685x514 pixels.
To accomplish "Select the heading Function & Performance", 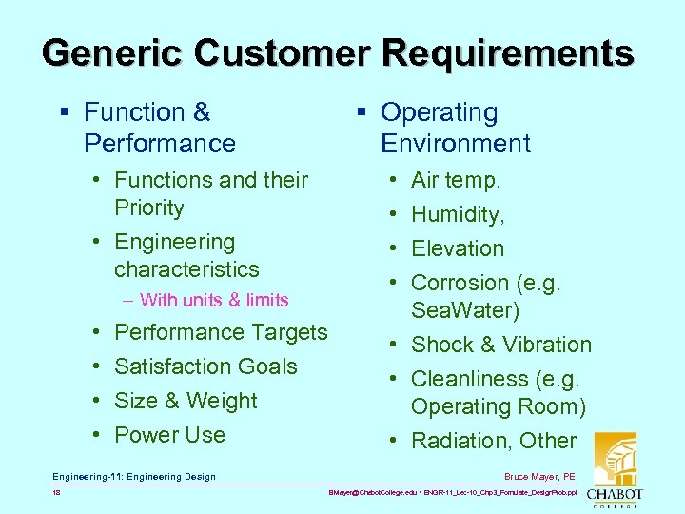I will tap(159, 128).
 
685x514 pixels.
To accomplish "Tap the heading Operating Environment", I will tap(455, 128).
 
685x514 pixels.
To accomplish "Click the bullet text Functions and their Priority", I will tap(210, 193).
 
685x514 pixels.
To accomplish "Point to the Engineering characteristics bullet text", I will tap(186, 255).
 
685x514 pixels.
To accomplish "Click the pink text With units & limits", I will tap(213, 300).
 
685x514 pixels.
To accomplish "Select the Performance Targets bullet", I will tap(220, 332).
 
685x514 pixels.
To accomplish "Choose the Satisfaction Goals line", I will tap(205, 366).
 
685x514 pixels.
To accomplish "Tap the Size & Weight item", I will tap(186, 401).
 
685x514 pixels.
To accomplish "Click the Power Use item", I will tap(169, 435).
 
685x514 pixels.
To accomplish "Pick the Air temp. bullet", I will tap(455, 180).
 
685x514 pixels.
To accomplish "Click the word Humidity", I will tap(457, 214).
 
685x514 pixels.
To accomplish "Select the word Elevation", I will tap(457, 248).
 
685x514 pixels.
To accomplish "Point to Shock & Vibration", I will tap(500, 345).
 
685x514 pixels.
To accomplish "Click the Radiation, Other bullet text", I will tap(493, 441).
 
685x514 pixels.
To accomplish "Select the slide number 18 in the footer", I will tap(57, 493).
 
